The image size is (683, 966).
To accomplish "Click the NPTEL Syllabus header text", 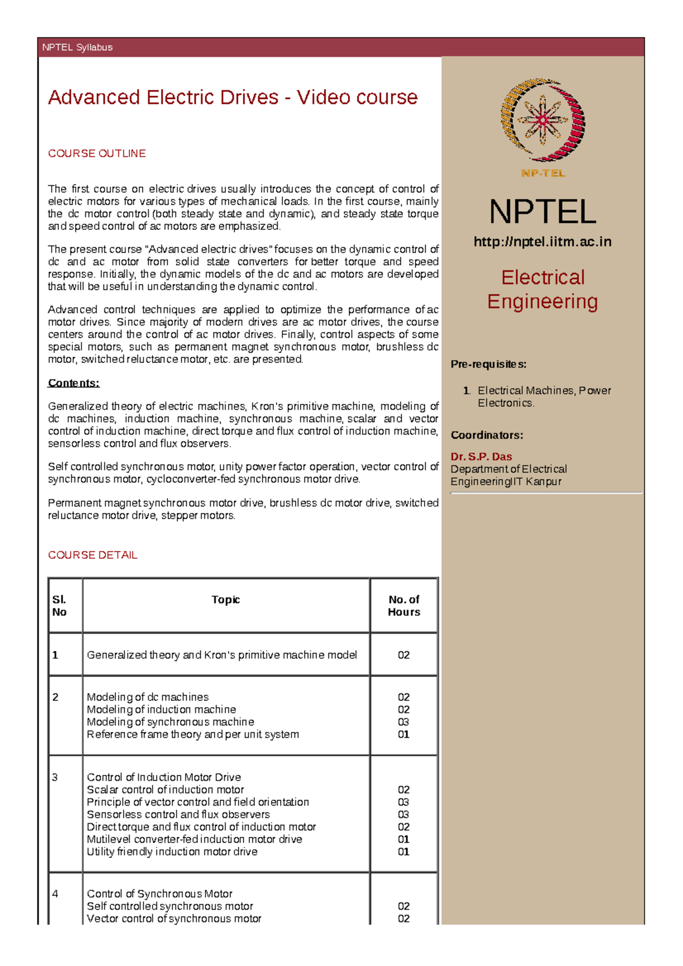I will [x=77, y=47].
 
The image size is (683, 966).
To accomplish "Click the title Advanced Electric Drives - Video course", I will [x=232, y=97].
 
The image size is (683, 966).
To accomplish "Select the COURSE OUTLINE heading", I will [x=97, y=154].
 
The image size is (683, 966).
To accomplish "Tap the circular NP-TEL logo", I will [x=542, y=121].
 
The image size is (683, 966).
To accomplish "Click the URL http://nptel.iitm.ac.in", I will [x=542, y=242].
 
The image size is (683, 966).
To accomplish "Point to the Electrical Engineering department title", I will [x=542, y=289].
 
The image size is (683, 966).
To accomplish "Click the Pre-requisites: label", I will [x=488, y=364].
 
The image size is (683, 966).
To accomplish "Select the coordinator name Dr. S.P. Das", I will [x=481, y=456].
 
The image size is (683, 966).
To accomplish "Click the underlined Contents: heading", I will [x=73, y=383].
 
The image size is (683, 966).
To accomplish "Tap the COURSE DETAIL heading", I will [x=92, y=555].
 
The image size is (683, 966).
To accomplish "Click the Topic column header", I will [x=225, y=600].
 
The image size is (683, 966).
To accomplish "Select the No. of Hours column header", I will [x=404, y=605].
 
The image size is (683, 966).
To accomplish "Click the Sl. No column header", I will [x=59, y=605].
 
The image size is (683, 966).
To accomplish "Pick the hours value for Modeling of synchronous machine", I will [x=404, y=722].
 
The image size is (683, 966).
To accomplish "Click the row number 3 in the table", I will [x=55, y=777].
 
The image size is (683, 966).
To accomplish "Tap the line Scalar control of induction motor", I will [x=165, y=790].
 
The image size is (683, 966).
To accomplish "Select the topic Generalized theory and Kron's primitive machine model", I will [x=221, y=655].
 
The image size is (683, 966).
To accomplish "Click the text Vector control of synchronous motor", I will [x=174, y=918].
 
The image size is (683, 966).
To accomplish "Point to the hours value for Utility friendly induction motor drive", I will [x=404, y=852].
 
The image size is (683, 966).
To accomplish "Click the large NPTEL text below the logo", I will [x=542, y=212].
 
